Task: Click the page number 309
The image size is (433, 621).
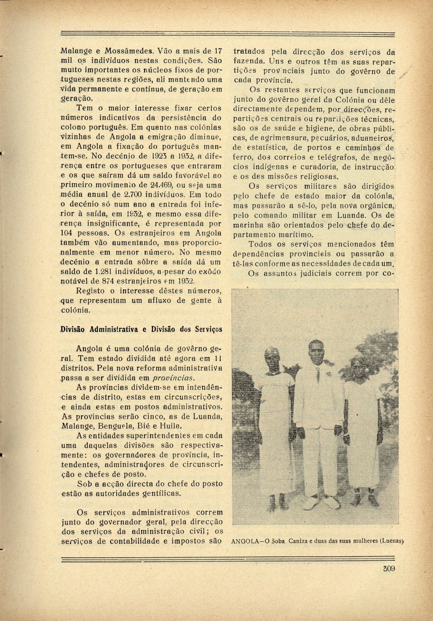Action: click(389, 569)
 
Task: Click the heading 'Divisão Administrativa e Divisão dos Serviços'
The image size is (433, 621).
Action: click(141, 329)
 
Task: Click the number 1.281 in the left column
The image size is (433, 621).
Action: click(105, 272)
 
